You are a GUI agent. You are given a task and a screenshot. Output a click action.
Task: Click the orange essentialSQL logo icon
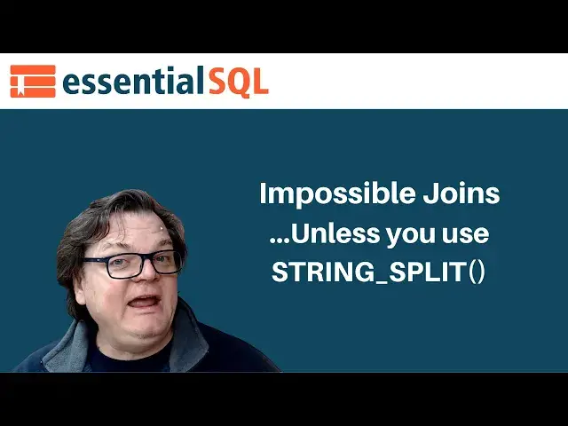pyautogui.click(x=33, y=81)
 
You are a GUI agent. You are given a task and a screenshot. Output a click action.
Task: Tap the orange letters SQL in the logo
pyautogui.click(x=238, y=82)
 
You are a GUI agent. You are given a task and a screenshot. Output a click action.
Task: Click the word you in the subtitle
pyautogui.click(x=419, y=235)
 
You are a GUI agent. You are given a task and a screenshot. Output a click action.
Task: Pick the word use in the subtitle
pyautogui.click(x=472, y=235)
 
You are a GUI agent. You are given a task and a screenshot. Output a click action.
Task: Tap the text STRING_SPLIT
pyautogui.click(x=368, y=272)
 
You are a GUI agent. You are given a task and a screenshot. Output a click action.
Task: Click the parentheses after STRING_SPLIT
pyautogui.click(x=477, y=272)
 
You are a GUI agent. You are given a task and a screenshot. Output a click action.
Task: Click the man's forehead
pyautogui.click(x=133, y=233)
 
